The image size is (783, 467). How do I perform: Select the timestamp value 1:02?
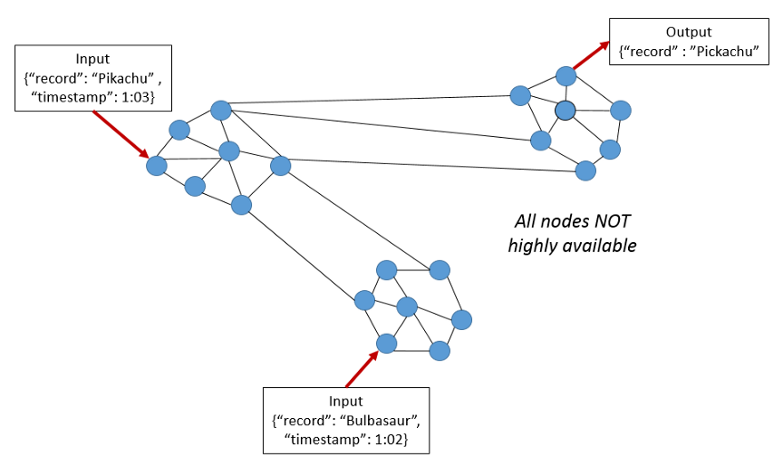pos(388,439)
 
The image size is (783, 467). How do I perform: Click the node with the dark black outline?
pos(565,111)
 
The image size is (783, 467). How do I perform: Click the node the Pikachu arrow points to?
pos(157,166)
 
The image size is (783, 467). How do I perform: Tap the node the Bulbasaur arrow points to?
pos(387,344)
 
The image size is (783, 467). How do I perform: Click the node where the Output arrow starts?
pos(565,75)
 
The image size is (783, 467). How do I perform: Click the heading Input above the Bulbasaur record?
pos(345,402)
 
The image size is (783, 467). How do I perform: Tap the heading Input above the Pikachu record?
pos(92,59)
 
